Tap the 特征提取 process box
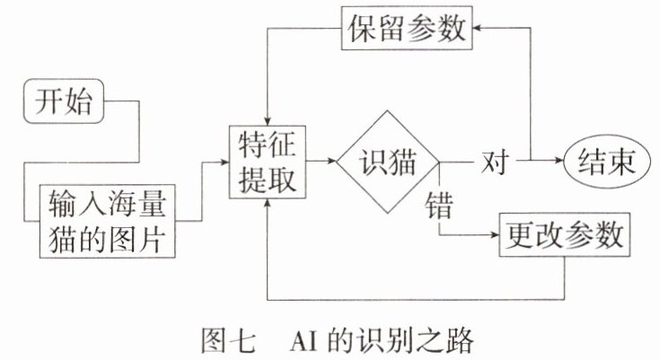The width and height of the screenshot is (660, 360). click(267, 162)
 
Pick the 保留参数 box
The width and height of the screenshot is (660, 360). click(406, 30)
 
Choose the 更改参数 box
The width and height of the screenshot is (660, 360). click(564, 236)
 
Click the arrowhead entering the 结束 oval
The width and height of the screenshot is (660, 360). click(561, 162)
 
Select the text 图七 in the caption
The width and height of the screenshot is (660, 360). click(222, 341)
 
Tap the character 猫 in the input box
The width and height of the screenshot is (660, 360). click(64, 238)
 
